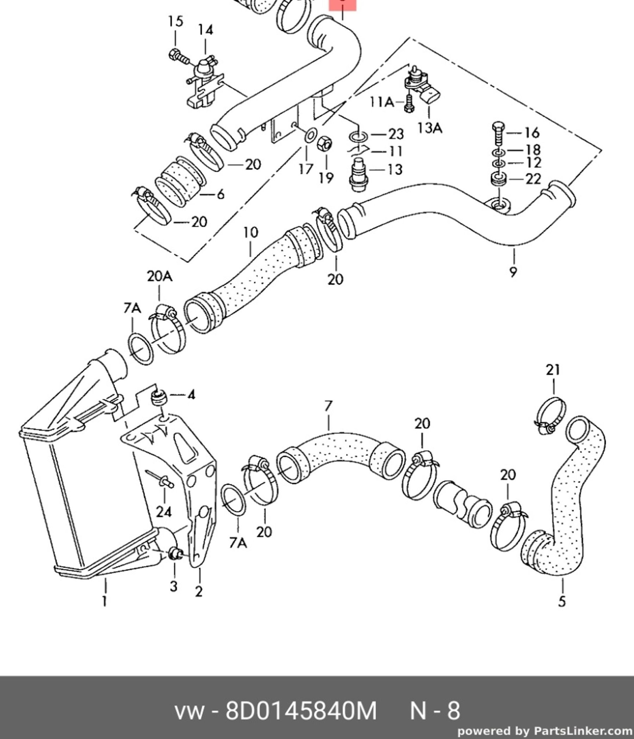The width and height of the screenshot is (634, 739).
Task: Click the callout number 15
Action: coord(175,21)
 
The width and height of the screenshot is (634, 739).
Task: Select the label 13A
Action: coord(430,127)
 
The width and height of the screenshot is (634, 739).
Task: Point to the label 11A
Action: coord(381,103)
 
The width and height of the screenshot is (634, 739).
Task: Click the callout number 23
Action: coord(396,135)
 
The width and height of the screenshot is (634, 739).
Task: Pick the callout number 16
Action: coord(532,133)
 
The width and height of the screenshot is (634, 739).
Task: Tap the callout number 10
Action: coord(250,233)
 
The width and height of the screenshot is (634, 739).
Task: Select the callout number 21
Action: coord(553,370)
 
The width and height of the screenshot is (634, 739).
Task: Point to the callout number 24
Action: coord(164,512)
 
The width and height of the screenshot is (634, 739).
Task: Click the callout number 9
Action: coord(513,272)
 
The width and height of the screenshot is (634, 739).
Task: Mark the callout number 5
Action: coord(562,602)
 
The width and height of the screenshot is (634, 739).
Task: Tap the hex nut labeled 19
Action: coord(325,144)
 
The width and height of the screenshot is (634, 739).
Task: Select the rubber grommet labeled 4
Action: coord(159,397)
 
